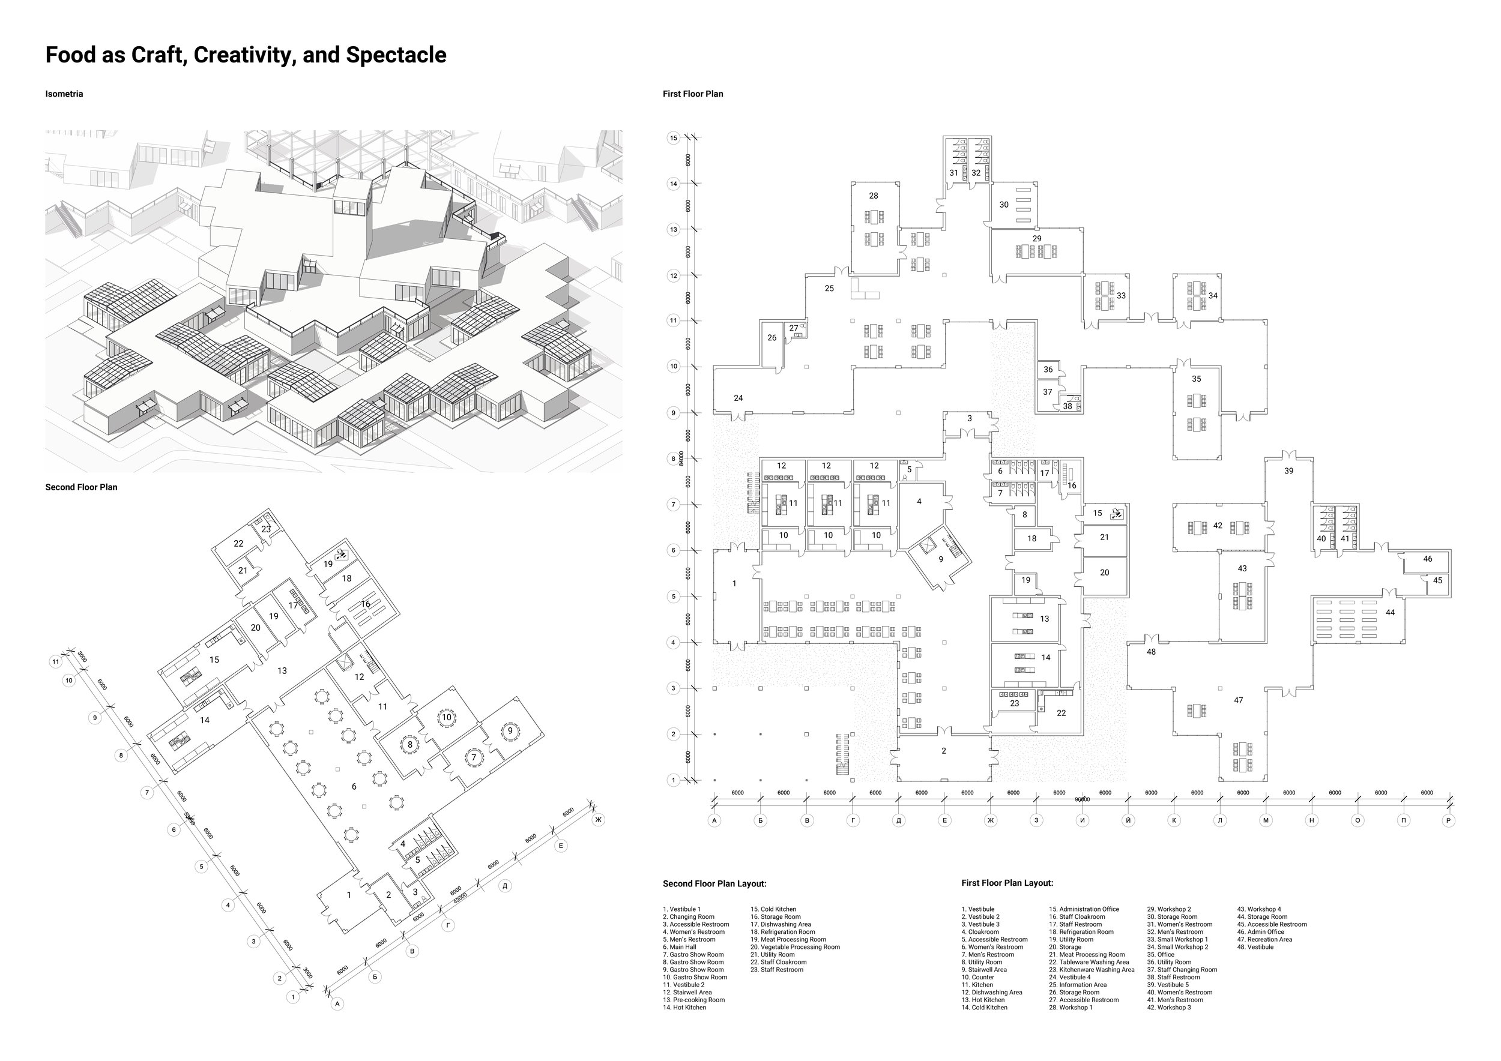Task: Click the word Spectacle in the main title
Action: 396,55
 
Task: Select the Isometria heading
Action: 64,94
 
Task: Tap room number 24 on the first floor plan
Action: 738,398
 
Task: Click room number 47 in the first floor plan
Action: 1238,700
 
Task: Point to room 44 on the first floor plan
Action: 1391,613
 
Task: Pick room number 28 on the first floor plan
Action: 874,196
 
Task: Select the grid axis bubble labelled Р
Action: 1449,820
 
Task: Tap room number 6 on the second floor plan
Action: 354,787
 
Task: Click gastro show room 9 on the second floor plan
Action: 510,731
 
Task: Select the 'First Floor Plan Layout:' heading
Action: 1007,883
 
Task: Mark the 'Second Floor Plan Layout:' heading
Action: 714,884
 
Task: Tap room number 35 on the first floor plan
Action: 1197,379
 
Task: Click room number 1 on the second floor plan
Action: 349,895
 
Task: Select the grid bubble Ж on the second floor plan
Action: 597,819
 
